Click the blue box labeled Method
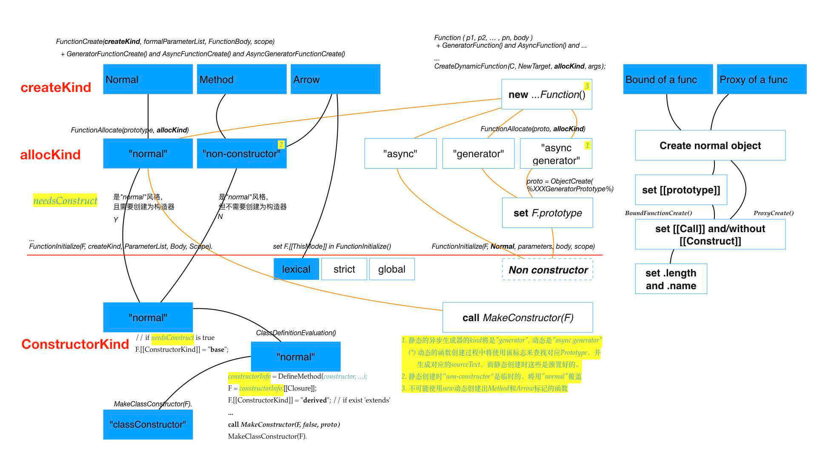coord(241,79)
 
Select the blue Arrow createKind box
coord(335,79)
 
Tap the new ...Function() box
coord(546,95)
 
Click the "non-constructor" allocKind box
coord(241,153)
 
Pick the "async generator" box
coord(556,154)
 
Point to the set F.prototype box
coord(547,213)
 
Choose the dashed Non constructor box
coord(548,270)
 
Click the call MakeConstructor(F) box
coord(517,317)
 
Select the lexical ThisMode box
coord(296,269)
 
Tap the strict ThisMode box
coord(344,269)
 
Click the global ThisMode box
coord(391,269)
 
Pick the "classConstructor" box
coord(148,424)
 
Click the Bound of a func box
coord(668,79)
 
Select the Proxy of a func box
coord(762,79)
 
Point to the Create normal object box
coord(710,145)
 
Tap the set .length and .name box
coord(671,279)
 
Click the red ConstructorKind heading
coord(75,344)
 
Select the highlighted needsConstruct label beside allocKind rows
coord(65,201)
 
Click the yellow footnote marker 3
coord(587,86)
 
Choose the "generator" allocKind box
coord(478,154)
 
